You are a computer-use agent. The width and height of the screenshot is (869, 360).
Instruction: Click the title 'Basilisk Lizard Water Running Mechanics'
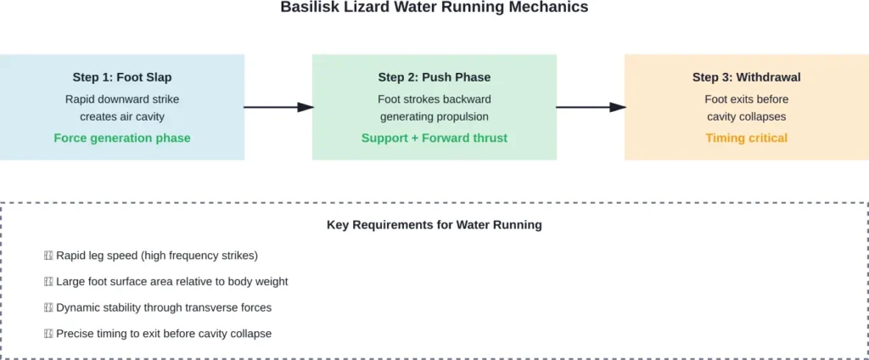(434, 8)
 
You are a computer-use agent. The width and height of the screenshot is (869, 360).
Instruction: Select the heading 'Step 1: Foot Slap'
(122, 77)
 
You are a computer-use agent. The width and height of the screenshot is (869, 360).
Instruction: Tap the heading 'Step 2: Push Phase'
(434, 77)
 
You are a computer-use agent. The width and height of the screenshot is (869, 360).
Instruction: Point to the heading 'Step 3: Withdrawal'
(746, 77)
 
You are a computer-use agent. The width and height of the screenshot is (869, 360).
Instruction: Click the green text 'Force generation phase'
(122, 138)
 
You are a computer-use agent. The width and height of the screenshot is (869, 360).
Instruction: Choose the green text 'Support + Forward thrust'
(434, 138)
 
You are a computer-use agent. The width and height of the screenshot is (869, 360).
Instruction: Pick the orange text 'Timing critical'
(746, 138)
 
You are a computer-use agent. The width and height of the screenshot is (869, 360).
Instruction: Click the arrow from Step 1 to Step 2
(278, 107)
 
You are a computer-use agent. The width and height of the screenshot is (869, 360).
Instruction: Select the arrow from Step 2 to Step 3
(591, 107)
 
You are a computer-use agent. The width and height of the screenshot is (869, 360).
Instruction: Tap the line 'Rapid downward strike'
(122, 98)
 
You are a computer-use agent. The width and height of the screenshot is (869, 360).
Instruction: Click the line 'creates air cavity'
(122, 116)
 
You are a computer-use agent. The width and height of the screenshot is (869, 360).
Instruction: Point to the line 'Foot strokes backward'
(434, 98)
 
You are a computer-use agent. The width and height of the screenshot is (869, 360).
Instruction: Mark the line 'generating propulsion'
(434, 116)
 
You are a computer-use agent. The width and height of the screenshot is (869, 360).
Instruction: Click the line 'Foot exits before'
(746, 98)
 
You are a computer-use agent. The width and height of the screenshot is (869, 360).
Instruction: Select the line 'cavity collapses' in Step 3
(746, 116)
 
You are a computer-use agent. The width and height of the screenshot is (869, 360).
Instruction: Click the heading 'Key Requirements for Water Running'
(434, 225)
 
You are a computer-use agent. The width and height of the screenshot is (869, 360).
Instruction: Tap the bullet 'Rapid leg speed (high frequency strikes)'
(156, 255)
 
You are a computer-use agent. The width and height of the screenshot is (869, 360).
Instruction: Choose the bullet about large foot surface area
(171, 281)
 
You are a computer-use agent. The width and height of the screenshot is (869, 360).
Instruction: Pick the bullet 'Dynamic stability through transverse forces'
(163, 307)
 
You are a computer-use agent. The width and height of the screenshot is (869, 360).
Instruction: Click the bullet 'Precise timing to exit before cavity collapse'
(163, 334)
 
